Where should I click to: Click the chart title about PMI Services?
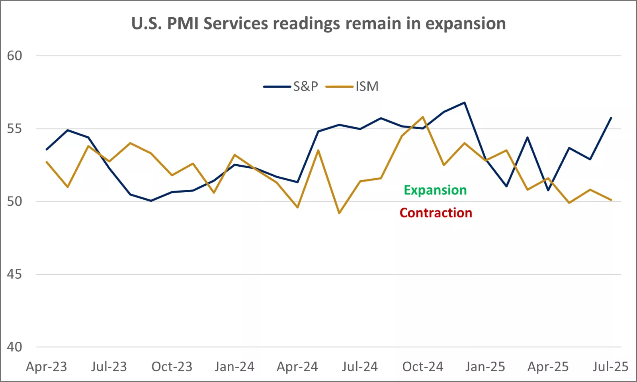(x=318, y=24)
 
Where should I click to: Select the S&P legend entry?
(x=291, y=87)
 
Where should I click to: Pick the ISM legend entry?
(x=353, y=87)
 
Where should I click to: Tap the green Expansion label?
(x=435, y=190)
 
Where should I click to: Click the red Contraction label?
(x=436, y=213)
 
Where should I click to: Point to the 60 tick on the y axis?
(x=15, y=56)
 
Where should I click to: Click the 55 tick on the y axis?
(x=15, y=129)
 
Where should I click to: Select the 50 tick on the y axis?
(x=15, y=201)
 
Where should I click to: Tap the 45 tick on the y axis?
(x=15, y=274)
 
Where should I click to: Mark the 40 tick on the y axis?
(x=15, y=347)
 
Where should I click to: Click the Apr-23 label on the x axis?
(x=47, y=367)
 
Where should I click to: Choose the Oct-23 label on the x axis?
(x=172, y=367)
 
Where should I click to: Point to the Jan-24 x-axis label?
(x=234, y=367)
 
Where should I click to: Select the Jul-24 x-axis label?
(x=360, y=367)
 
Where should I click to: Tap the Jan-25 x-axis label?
(x=485, y=367)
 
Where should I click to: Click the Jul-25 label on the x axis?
(x=610, y=367)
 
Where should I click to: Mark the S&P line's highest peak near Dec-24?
(x=465, y=102)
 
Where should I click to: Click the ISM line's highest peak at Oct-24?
(x=423, y=117)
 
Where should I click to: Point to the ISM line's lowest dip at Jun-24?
(x=339, y=213)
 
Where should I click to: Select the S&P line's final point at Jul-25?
(x=611, y=118)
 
